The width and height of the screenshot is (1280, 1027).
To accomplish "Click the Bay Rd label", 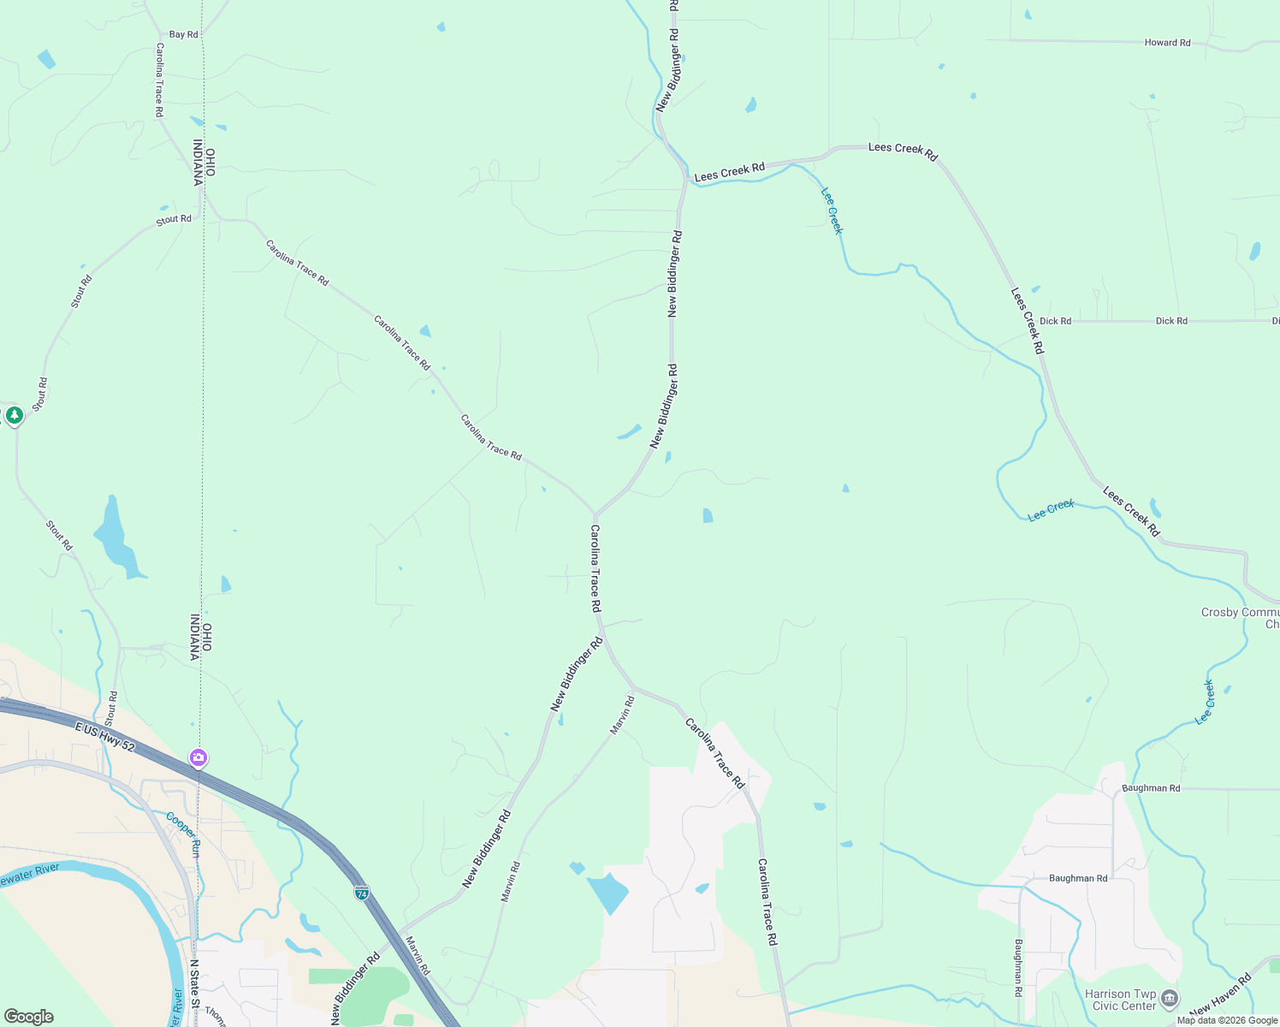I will click(183, 35).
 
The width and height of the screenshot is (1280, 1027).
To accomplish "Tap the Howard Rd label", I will click(1167, 43).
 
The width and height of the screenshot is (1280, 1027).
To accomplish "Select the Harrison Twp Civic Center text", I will click(1121, 1000).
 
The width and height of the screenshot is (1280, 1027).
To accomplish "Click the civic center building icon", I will click(1170, 999).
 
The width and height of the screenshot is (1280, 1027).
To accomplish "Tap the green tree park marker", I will click(14, 416).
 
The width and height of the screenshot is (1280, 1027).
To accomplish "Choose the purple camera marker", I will click(199, 758).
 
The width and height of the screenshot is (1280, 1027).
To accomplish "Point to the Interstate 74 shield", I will click(362, 893).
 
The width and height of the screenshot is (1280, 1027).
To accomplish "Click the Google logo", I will click(28, 1017).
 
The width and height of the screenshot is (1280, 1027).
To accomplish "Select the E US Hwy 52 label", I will click(104, 735).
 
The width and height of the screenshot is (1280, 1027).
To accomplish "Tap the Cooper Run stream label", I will click(183, 834).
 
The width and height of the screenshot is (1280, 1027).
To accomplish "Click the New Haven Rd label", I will click(1220, 995).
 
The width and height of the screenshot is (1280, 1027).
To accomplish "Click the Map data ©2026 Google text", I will click(1227, 1020).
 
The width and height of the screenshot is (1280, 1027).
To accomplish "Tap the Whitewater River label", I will click(30, 874).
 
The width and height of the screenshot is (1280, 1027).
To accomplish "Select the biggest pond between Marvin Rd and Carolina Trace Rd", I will click(607, 892).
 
